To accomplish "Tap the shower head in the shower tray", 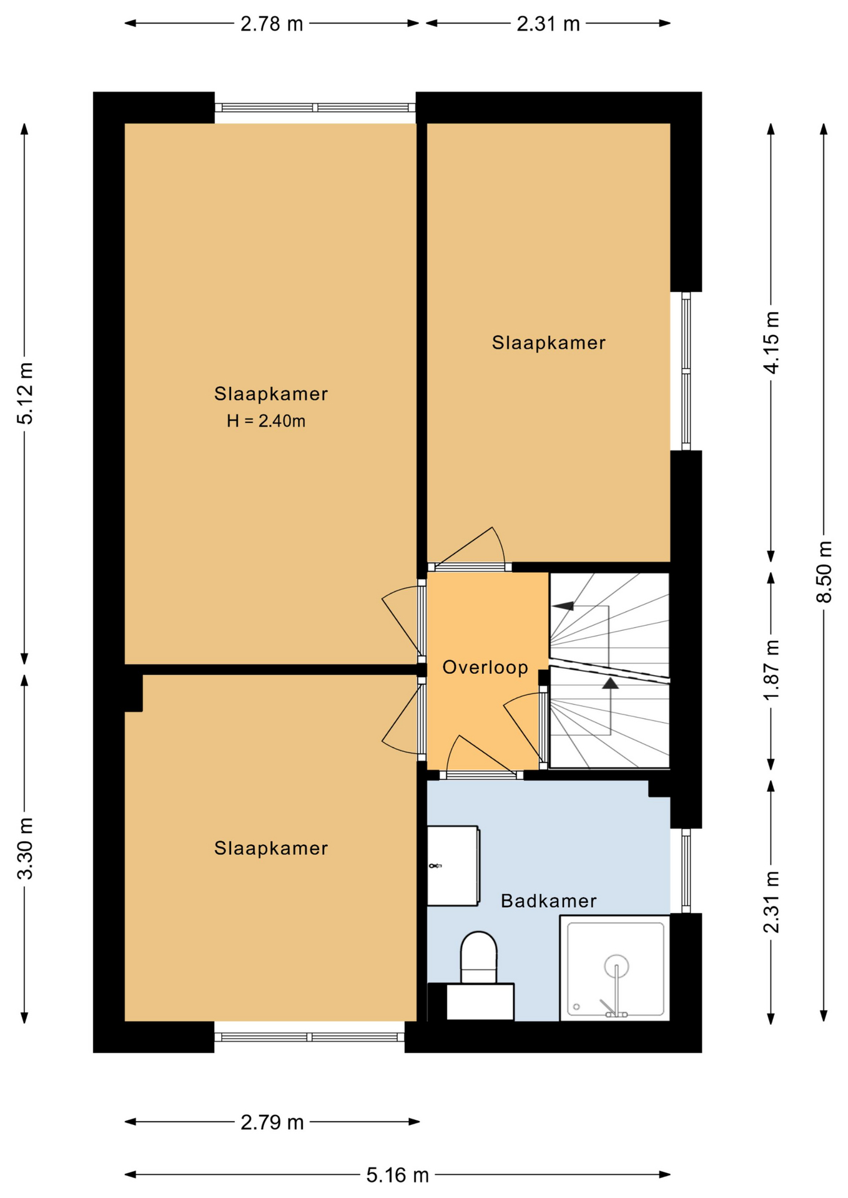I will click(616, 966).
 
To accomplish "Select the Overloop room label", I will click(485, 668).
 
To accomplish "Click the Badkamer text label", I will click(548, 901).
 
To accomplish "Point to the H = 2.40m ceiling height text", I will click(266, 421).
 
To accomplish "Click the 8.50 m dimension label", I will click(824, 572).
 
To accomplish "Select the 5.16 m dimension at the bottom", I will click(397, 1176).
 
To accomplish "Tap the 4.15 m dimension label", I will click(771, 343).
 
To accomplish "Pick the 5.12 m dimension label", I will click(25, 393).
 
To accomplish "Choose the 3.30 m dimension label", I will click(25, 848).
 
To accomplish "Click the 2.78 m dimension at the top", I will click(272, 24).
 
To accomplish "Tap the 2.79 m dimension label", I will click(272, 1123).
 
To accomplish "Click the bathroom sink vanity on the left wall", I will click(453, 866).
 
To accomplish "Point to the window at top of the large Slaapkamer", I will click(315, 108).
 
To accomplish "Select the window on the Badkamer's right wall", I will click(686, 870).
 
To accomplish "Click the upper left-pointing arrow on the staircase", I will click(564, 605).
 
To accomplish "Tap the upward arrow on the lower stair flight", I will click(610, 683).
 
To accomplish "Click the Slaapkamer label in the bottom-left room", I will click(271, 848).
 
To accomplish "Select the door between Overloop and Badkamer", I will click(481, 774).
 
